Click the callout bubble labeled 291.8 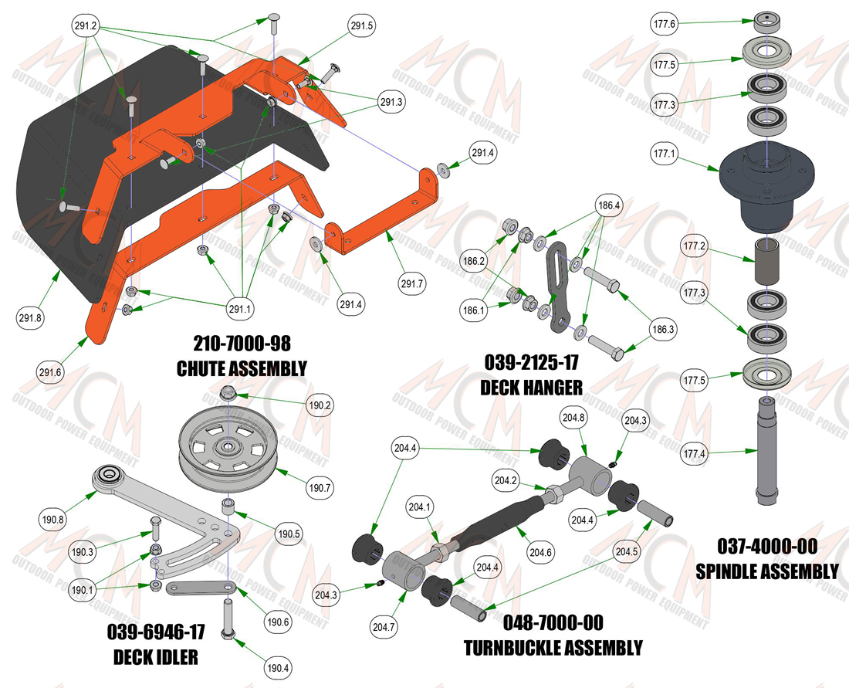30,318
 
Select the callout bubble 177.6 665,24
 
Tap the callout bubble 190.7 320,487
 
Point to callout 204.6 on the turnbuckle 540,552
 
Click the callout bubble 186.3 663,330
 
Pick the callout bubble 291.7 412,283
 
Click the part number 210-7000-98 242,344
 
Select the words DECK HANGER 531,388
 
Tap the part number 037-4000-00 767,546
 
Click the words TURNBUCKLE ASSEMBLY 553,648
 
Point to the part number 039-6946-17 156,632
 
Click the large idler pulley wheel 228,448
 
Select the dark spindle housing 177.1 766,185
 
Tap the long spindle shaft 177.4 767,450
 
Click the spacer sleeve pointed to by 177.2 767,260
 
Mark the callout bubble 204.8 573,418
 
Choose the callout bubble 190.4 278,668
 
